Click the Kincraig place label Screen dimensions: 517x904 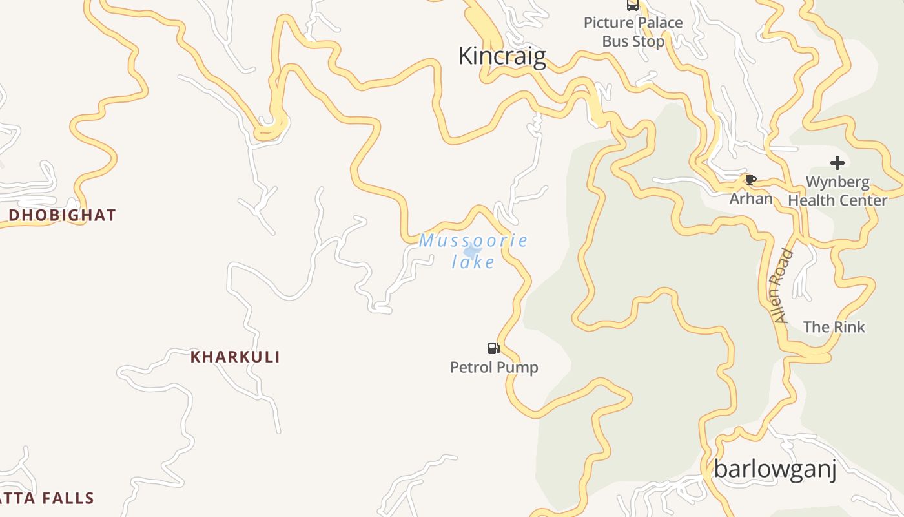[x=502, y=56]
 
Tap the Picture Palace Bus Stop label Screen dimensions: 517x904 [x=633, y=32]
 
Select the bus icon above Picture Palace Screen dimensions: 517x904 [x=633, y=5]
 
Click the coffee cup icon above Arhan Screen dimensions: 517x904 [x=750, y=180]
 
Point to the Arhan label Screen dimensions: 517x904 [x=751, y=198]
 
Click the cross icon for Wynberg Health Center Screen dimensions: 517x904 [x=837, y=163]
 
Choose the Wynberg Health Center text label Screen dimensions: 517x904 [x=837, y=191]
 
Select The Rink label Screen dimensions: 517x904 [x=834, y=327]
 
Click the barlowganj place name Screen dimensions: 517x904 [x=775, y=469]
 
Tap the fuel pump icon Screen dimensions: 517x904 [x=494, y=348]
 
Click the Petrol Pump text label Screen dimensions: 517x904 [x=494, y=368]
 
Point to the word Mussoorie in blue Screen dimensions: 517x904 [x=473, y=241]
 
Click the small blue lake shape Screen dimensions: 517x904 [x=473, y=251]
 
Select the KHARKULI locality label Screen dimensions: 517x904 [x=235, y=357]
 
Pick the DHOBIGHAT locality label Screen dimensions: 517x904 [x=63, y=215]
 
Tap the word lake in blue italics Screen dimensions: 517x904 [x=473, y=262]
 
